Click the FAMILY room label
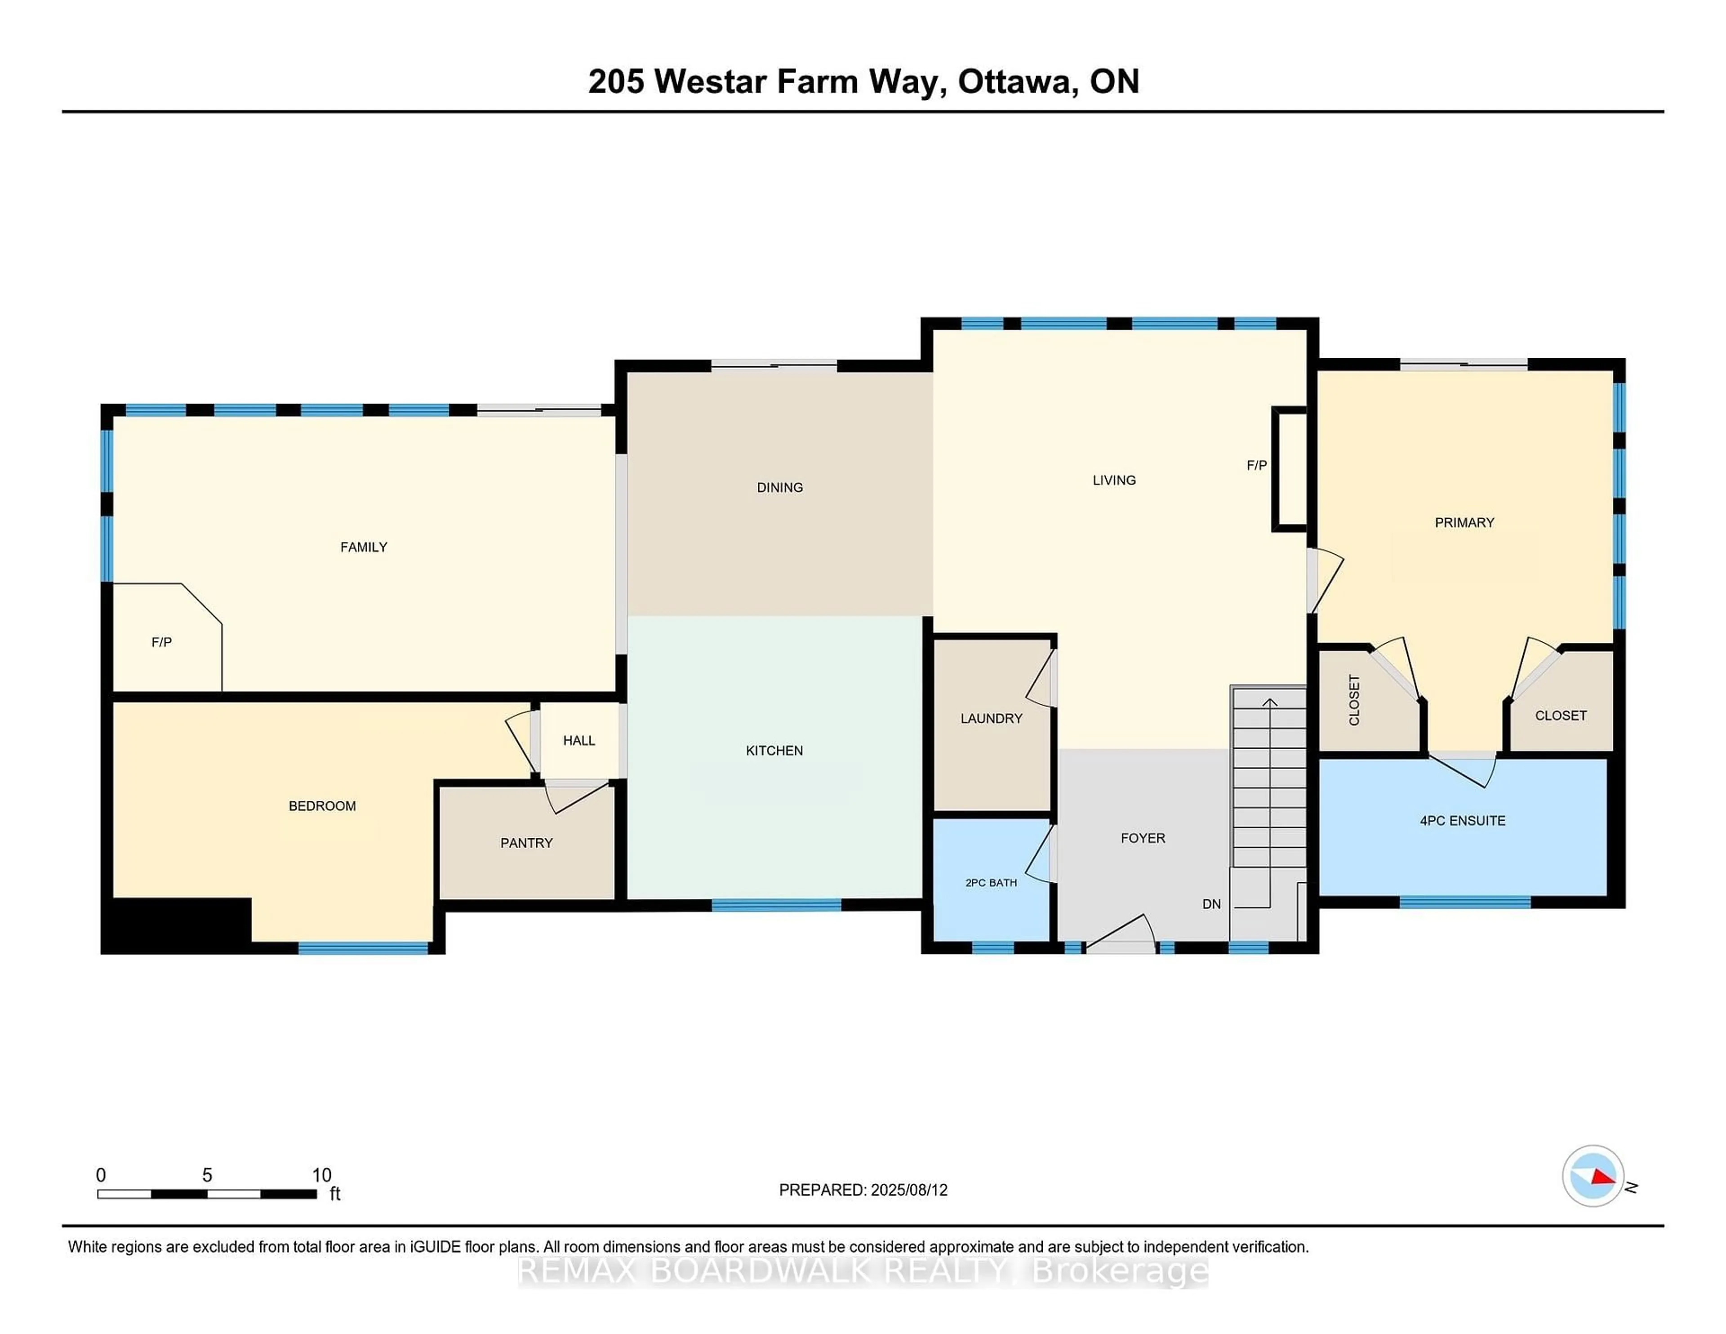click(x=364, y=547)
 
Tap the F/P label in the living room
click(x=1257, y=466)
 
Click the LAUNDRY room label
click(x=991, y=718)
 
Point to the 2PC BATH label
click(x=991, y=883)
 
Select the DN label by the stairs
click(x=1211, y=904)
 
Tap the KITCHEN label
click(x=774, y=751)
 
